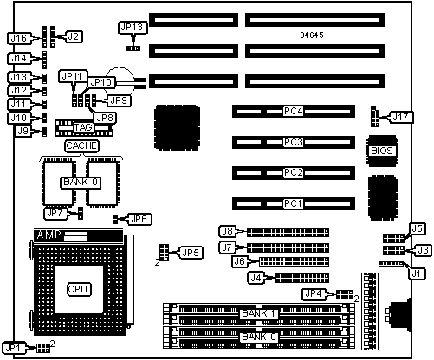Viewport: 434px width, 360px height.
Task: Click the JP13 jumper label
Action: pyautogui.click(x=133, y=28)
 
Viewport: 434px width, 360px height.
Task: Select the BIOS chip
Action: pyautogui.click(x=382, y=151)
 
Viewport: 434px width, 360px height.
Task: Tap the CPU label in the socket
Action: pyautogui.click(x=79, y=289)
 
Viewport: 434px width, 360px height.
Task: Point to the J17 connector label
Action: pyautogui.click(x=401, y=117)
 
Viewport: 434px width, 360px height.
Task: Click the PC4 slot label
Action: pyautogui.click(x=293, y=111)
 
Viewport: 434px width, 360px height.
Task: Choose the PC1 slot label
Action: pyautogui.click(x=293, y=203)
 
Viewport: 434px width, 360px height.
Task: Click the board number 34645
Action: pyautogui.click(x=312, y=35)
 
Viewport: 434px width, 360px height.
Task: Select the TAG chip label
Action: pyautogui.click(x=83, y=127)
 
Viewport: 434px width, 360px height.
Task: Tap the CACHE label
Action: pyautogui.click(x=81, y=145)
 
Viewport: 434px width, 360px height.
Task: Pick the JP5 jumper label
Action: pyautogui.click(x=191, y=253)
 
